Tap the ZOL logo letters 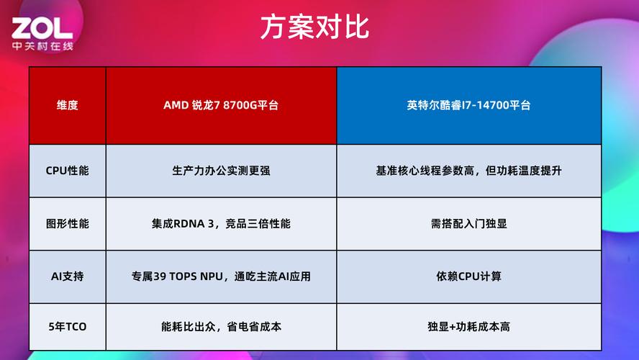tap(41, 28)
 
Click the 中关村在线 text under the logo tap(42, 45)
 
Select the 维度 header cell tap(67, 105)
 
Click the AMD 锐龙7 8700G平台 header tap(221, 105)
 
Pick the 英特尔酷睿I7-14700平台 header tap(468, 105)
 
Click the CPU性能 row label tap(67, 171)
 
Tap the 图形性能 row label tap(67, 223)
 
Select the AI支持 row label tap(67, 276)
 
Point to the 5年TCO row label tap(67, 326)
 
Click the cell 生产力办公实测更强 tap(221, 171)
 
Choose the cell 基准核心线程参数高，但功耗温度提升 tap(468, 171)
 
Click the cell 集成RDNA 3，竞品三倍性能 tap(221, 223)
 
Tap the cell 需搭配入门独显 tap(468, 223)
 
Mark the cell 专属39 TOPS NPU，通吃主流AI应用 tap(221, 276)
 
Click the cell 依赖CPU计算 tap(468, 276)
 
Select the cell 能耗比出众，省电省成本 tap(221, 326)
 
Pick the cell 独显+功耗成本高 tap(468, 326)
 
